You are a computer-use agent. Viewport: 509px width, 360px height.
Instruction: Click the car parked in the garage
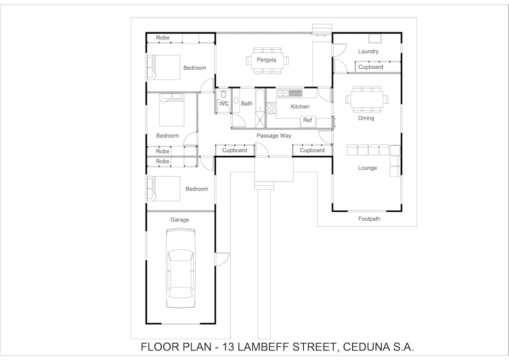pos(181,268)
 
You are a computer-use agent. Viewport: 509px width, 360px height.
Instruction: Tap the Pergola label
pos(266,60)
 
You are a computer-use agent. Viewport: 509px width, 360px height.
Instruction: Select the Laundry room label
pos(368,51)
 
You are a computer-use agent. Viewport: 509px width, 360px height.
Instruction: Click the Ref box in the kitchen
pos(308,121)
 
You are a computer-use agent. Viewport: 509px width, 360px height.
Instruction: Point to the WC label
pos(224,103)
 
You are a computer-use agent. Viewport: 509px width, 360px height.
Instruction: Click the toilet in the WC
pos(223,93)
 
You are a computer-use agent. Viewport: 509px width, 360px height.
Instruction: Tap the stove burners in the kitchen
pos(271,108)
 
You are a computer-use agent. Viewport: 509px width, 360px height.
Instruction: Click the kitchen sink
pos(282,93)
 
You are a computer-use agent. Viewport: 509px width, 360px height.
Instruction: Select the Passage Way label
pos(273,136)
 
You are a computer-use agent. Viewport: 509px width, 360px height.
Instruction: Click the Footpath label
pos(369,219)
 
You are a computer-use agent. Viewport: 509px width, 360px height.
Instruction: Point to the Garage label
pos(180,220)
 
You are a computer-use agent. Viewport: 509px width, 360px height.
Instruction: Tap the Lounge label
pos(367,168)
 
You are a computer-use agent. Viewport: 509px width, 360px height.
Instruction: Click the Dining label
pos(366,118)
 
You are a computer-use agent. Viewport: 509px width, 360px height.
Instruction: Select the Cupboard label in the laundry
pos(370,67)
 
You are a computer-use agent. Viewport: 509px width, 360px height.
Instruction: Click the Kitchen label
pos(300,107)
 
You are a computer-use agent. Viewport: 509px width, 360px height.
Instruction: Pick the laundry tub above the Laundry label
pos(375,38)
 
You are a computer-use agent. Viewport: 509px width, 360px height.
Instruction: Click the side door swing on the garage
pos(222,259)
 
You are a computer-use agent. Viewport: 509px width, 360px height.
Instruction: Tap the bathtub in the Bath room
pos(260,101)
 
